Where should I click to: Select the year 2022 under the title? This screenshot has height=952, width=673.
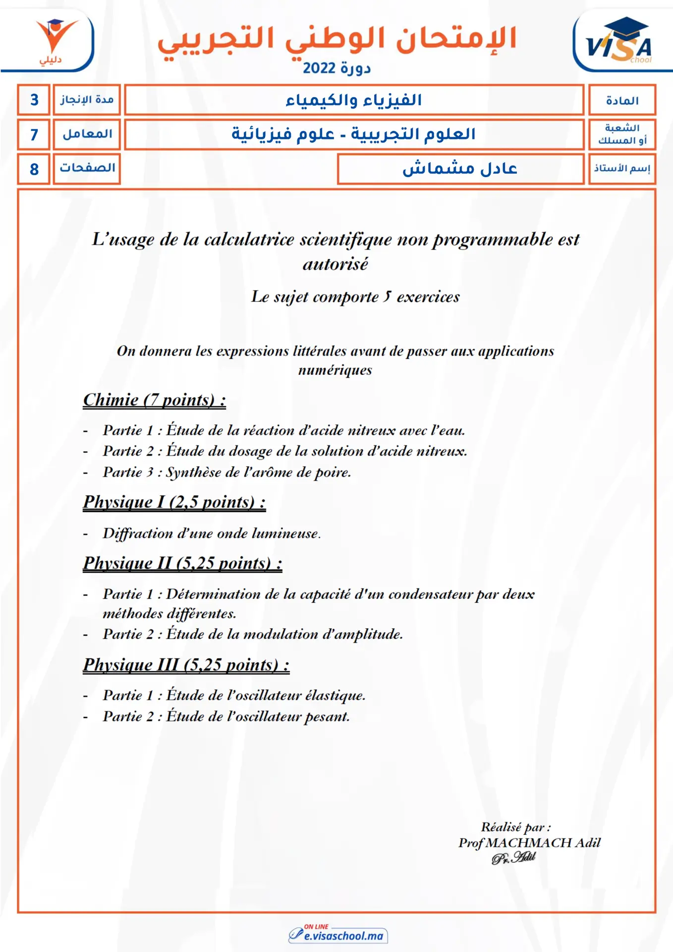coord(319,68)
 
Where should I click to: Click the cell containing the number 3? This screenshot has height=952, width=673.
coord(34,100)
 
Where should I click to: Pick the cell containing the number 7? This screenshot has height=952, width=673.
coord(34,134)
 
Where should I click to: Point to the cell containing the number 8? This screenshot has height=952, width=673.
coord(34,169)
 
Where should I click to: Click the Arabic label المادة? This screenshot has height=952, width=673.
coord(622,101)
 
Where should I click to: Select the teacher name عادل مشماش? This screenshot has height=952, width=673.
coord(459,169)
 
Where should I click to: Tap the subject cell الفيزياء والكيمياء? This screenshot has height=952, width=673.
coord(353,100)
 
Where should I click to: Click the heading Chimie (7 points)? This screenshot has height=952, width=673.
coord(154,400)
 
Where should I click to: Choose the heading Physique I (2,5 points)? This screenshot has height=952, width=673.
coord(174,502)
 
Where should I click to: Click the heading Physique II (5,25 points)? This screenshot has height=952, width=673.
coord(182,563)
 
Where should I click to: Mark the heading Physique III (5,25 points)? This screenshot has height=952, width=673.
coord(186,665)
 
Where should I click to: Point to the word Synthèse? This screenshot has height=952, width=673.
coord(193,472)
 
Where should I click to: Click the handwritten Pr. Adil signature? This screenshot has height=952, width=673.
coord(513,858)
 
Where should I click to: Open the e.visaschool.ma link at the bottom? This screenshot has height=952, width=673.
coord(343,936)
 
